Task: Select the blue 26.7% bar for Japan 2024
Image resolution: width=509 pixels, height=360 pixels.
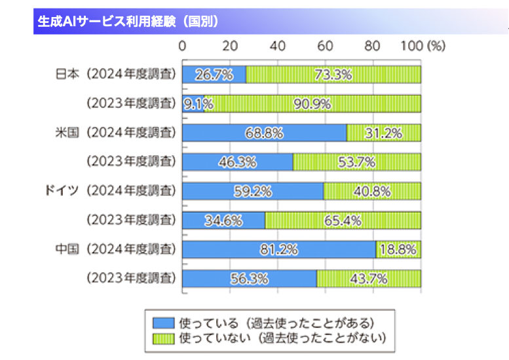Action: [214, 74]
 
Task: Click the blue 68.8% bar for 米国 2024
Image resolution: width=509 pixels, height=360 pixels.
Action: [264, 132]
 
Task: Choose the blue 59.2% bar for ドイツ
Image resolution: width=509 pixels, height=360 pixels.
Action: [253, 191]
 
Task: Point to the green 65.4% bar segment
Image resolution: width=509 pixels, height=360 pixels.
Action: [343, 220]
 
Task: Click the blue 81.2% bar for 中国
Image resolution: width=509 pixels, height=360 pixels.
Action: [279, 249]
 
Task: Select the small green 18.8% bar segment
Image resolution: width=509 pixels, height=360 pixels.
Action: [398, 249]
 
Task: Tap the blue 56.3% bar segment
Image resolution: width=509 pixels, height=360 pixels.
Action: [250, 278]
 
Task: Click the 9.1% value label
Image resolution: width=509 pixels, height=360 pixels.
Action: [193, 103]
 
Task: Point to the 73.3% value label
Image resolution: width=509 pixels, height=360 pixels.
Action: [333, 74]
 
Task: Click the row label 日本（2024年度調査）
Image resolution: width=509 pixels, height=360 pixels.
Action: [116, 74]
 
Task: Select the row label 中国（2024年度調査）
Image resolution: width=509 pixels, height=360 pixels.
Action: [116, 249]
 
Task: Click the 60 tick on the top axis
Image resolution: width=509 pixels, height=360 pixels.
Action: [326, 46]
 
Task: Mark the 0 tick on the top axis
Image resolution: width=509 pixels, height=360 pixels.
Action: [182, 46]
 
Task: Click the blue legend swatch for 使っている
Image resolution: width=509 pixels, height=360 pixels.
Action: [164, 323]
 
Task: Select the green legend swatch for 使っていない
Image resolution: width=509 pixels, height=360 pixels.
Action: [164, 338]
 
